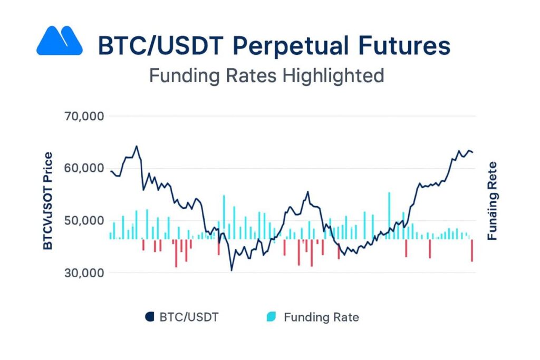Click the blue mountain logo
(59, 41)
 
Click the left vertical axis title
(48, 201)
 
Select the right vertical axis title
(492, 201)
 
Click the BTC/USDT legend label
(189, 317)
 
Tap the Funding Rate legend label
(321, 317)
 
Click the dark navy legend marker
(149, 317)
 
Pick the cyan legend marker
(272, 317)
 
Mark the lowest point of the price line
(231, 270)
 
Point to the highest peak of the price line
(136, 147)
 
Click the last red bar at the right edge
(472, 250)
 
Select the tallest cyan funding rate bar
(389, 216)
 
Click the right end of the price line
(472, 152)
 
